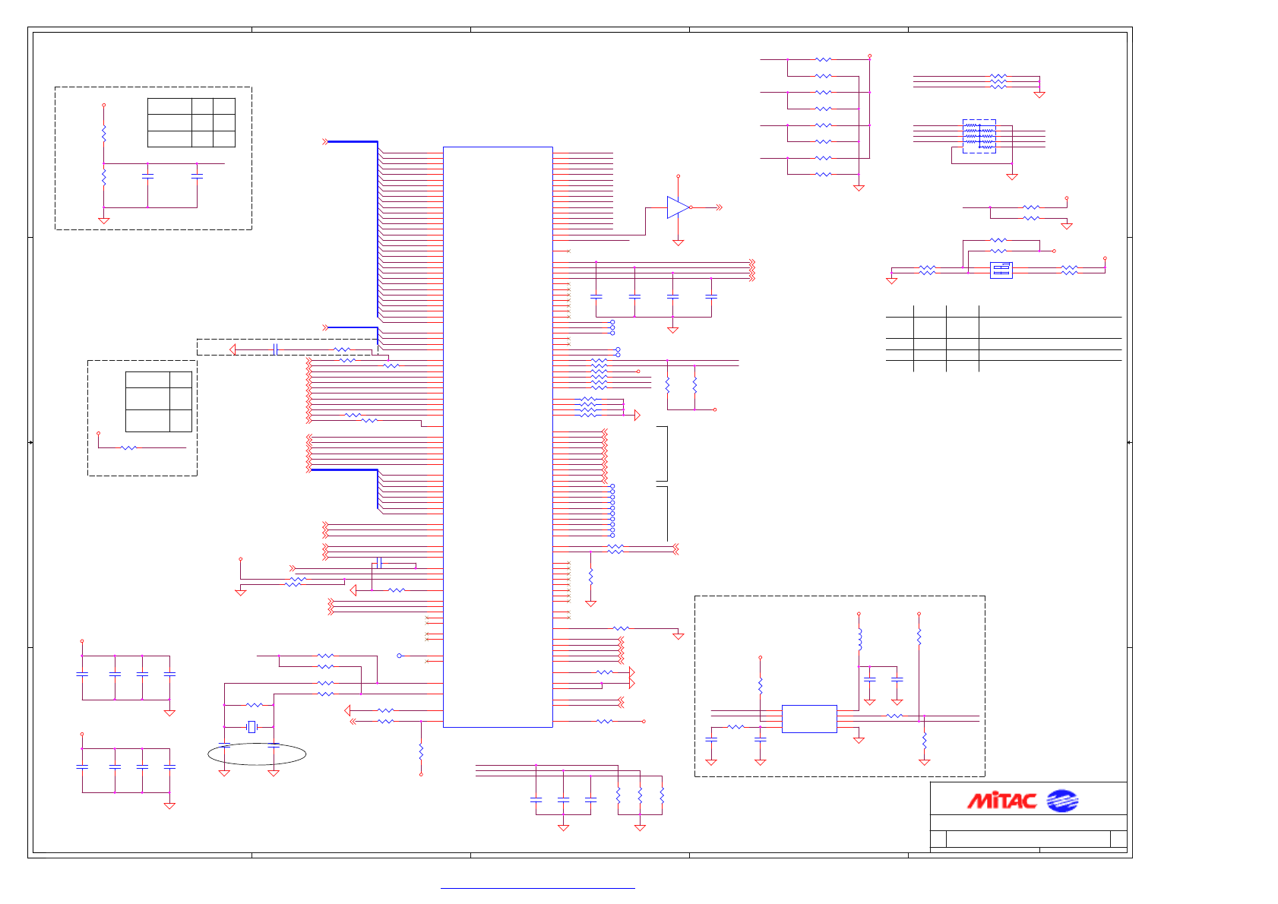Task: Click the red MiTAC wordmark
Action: click(x=1001, y=801)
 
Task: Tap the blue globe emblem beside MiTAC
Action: click(x=1061, y=801)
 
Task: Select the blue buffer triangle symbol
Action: click(x=678, y=207)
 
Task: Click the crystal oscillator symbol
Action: click(x=251, y=727)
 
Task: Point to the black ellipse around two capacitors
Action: click(x=257, y=754)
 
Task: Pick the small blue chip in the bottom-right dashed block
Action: click(x=808, y=719)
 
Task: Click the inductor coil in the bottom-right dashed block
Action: click(x=859, y=639)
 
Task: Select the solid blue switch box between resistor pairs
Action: click(x=1001, y=270)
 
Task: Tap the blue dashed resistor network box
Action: click(x=979, y=136)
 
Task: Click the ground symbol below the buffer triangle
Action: click(x=679, y=242)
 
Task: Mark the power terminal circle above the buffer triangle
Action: click(x=679, y=176)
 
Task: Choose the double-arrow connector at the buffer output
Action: click(x=718, y=207)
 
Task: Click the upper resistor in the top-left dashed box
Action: click(x=104, y=134)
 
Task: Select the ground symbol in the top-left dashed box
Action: click(x=104, y=220)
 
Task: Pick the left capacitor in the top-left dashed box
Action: click(x=147, y=176)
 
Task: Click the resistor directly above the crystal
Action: click(x=255, y=705)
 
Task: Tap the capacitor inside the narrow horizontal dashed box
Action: click(x=276, y=349)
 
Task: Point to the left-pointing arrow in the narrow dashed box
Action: click(x=233, y=349)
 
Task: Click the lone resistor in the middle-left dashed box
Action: click(x=129, y=447)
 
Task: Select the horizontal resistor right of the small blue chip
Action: click(x=895, y=716)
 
